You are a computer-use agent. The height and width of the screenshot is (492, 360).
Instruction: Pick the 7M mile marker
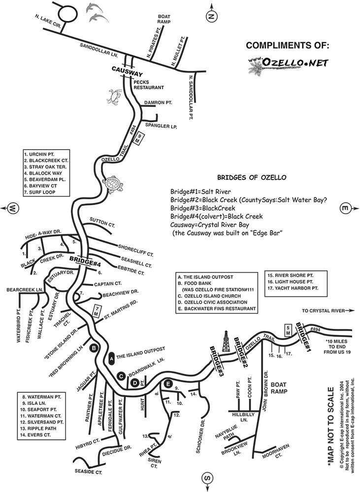[97, 311]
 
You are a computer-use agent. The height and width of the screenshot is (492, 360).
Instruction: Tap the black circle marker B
[93, 348]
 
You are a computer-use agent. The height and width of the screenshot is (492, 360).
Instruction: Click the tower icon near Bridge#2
[227, 341]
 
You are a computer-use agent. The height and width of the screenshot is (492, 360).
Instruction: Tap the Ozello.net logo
[288, 66]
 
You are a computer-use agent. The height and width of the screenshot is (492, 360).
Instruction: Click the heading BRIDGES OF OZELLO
[251, 178]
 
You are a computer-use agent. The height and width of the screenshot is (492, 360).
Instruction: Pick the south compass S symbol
[208, 477]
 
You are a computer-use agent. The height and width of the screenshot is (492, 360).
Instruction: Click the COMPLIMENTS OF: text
[288, 46]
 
